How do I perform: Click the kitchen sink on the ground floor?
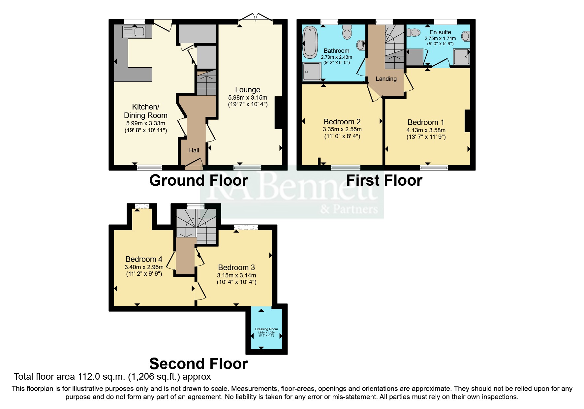click(x=134, y=32)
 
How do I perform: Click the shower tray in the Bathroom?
click(x=312, y=72)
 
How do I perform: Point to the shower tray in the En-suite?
click(x=461, y=57)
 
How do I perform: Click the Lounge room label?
click(x=248, y=90)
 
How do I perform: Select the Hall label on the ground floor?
click(x=194, y=150)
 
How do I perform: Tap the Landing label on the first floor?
click(x=386, y=79)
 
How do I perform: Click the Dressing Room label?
click(x=266, y=329)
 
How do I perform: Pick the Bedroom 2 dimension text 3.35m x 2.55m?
click(x=342, y=129)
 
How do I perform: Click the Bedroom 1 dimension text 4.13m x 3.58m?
click(x=426, y=130)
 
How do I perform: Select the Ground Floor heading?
click(x=198, y=180)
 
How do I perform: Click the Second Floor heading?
click(x=198, y=364)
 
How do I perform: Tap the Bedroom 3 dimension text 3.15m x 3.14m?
click(x=236, y=275)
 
